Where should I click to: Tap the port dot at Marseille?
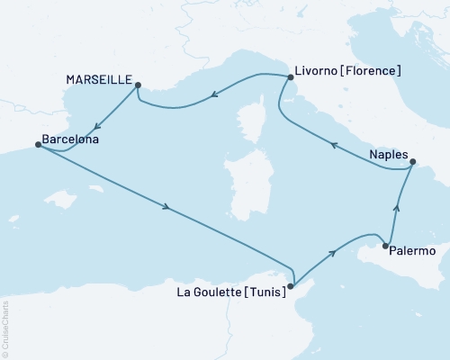point(138,85)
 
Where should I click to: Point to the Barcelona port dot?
point(37,142)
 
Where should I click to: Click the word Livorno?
point(315,70)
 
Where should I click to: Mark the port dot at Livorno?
point(289,78)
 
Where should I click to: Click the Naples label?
point(388,155)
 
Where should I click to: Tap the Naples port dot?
point(413,163)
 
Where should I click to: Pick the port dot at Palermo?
point(385,246)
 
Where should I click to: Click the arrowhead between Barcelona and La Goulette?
point(167,209)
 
